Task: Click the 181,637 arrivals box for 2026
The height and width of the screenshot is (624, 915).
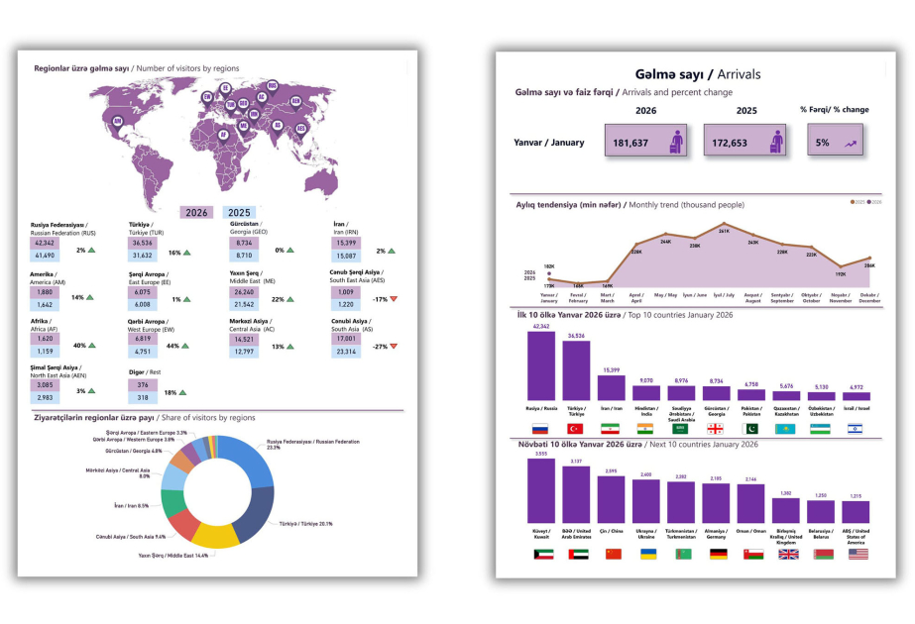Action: tap(646, 142)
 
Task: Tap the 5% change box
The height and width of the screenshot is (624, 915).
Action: tap(834, 142)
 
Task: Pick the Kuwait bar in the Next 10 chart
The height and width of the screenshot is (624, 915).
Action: tap(540, 491)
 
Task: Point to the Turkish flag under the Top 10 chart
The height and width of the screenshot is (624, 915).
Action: tap(576, 428)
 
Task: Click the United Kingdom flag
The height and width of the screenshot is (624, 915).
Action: tap(787, 555)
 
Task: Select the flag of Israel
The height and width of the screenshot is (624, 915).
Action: tap(855, 428)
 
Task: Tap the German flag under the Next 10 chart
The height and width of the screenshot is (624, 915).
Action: tap(719, 555)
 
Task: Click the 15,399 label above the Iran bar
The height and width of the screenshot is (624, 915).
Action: tap(612, 370)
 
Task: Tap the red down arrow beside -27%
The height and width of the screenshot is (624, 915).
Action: tap(394, 346)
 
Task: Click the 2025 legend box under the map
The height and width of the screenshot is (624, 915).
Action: tap(239, 212)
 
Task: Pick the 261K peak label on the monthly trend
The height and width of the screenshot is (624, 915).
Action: tap(724, 231)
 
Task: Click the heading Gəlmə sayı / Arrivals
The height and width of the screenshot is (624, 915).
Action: tap(697, 74)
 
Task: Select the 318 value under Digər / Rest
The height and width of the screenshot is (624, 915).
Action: tap(143, 398)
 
